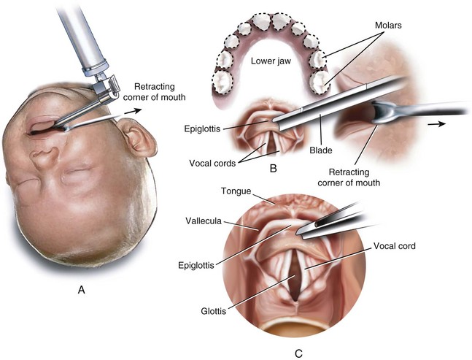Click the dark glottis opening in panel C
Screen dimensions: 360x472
tap(295, 280)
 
